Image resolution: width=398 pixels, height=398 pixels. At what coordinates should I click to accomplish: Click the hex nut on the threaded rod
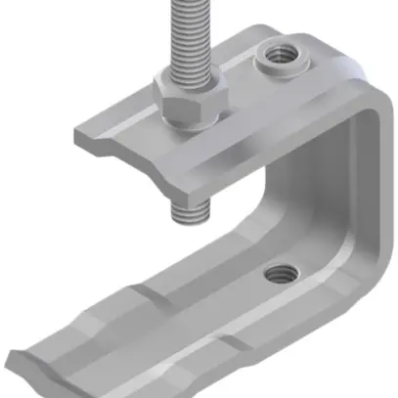(190, 102)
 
